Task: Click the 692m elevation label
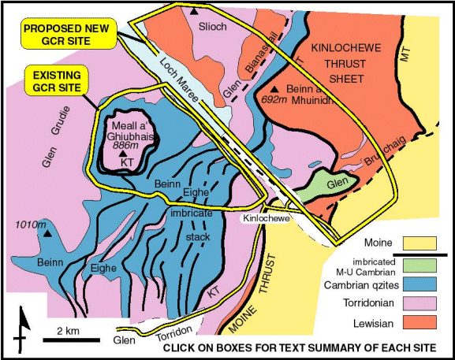point(272,101)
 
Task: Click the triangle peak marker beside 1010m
point(47,234)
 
